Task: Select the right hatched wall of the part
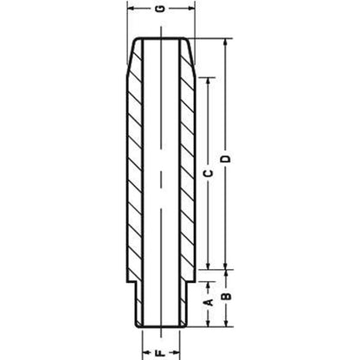[183, 173]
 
